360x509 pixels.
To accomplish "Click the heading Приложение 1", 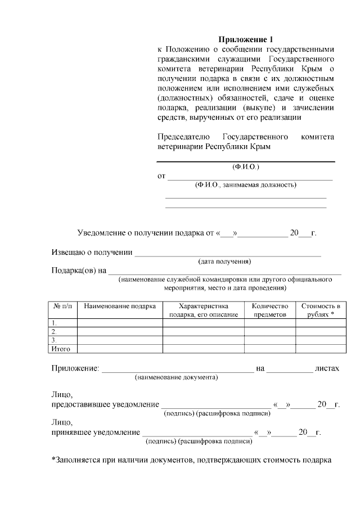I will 245,39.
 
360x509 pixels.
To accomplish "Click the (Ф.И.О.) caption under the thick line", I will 245,167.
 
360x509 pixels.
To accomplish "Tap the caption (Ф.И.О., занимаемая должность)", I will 245,185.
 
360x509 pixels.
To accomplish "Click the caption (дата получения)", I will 224,261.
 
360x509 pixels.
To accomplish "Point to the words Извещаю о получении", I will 92,252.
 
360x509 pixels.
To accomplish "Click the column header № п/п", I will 62,307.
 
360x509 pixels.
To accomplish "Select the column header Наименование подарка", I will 120,307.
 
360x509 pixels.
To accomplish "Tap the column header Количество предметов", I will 270,310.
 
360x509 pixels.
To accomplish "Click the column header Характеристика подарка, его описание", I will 203,310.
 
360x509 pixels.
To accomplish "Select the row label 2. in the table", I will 54,332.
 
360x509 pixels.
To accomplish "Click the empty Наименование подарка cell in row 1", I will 120,323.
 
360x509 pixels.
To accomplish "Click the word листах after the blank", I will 327,368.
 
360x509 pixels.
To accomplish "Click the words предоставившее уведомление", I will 105,405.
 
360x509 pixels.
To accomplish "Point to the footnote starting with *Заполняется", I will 191,460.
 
